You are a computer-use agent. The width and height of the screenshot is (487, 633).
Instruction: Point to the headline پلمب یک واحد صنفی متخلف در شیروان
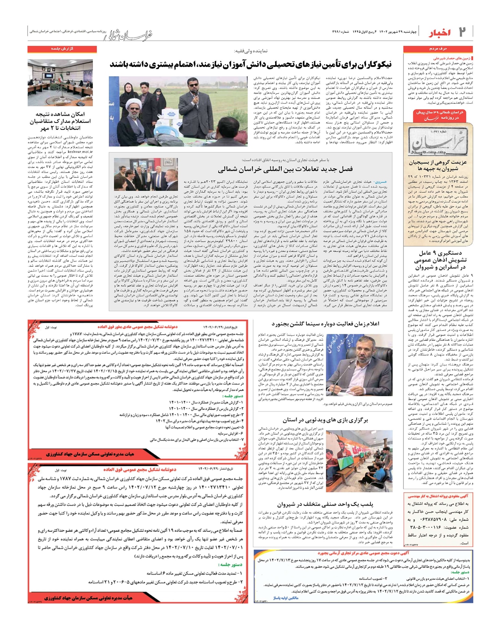(325, 504)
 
